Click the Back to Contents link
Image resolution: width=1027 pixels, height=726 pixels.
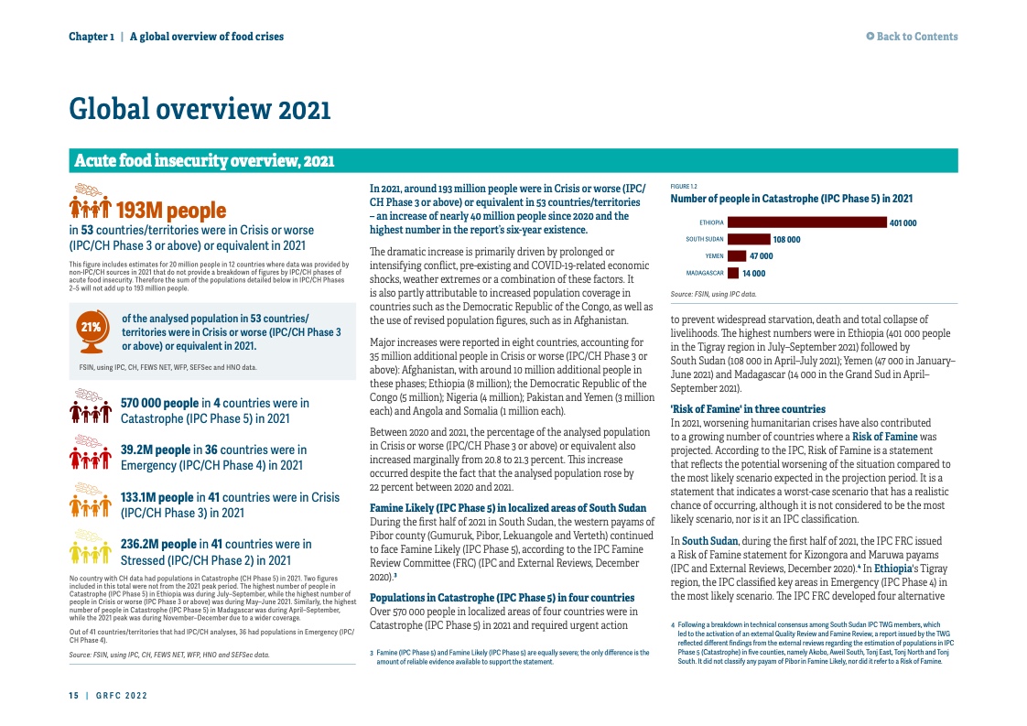(x=912, y=37)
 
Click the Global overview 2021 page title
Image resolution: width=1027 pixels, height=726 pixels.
(x=200, y=110)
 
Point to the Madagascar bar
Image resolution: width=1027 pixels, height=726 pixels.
(x=732, y=273)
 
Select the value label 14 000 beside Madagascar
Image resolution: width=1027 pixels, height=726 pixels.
(x=754, y=273)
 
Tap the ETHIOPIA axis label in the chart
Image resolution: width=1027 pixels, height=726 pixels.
(x=711, y=222)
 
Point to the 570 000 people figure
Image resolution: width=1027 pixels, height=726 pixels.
(x=159, y=403)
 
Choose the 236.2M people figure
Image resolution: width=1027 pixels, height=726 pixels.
(x=158, y=544)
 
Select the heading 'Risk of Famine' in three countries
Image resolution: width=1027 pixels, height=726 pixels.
(x=748, y=408)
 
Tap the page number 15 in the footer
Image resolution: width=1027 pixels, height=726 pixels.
(x=73, y=696)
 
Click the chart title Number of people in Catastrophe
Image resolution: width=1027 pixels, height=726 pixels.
(x=792, y=198)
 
